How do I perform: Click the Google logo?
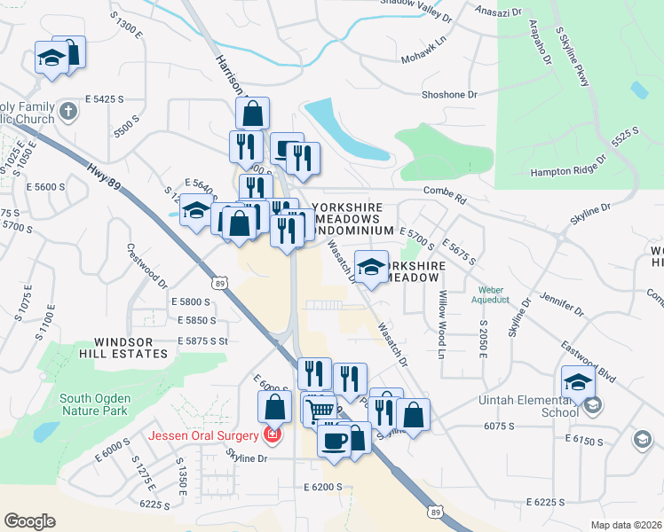(29, 521)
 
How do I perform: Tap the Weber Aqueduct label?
(491, 294)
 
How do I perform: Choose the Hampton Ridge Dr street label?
(568, 166)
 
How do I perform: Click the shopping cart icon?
(320, 411)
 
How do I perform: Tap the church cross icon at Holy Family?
(70, 112)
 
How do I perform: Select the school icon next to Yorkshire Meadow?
(371, 266)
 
